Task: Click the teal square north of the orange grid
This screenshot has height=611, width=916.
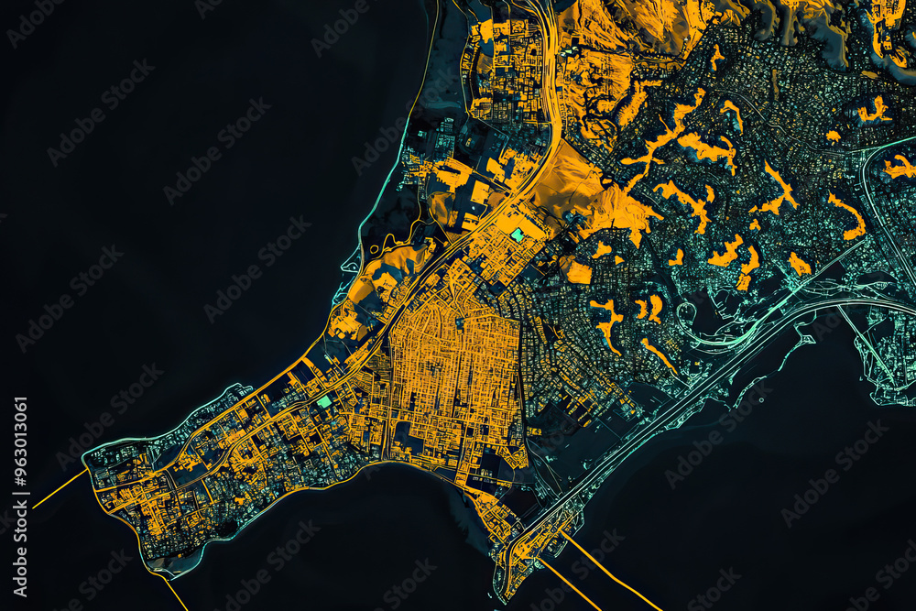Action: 518,235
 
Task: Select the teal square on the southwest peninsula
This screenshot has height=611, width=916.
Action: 323,401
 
